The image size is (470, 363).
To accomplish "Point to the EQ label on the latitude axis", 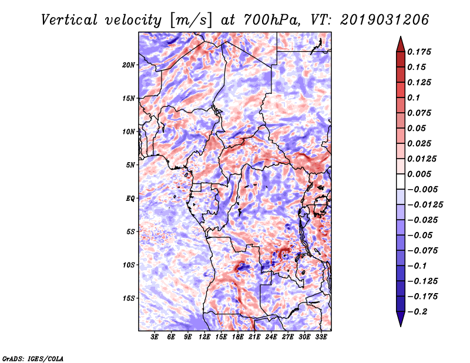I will point(130,199).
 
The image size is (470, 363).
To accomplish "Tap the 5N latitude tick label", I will point(130,165).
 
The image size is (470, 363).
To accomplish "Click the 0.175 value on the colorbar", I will point(421,52).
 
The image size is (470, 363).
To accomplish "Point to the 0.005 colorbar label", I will point(421,174).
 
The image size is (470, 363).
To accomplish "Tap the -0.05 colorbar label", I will point(421,235).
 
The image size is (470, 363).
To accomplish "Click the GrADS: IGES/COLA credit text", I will point(33,357).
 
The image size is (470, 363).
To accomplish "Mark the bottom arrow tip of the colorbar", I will point(399,325).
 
